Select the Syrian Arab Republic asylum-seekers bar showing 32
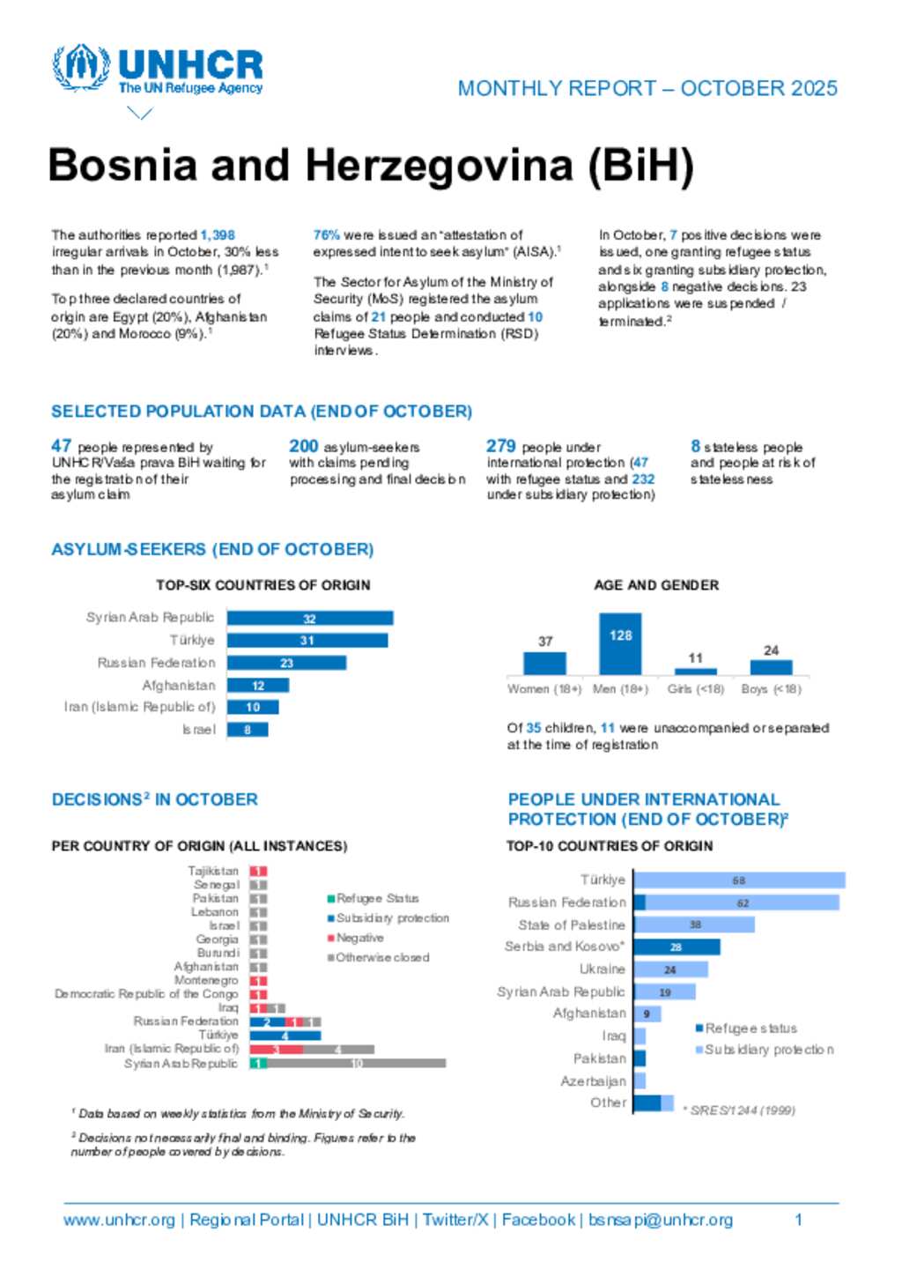[309, 619]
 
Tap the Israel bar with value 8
[248, 730]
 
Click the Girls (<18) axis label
[696, 689]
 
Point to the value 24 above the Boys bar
[771, 650]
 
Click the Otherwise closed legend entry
[378, 958]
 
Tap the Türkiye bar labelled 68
[739, 880]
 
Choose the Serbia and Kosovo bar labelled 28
[676, 947]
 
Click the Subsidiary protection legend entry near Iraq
[765, 1050]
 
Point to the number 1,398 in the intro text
[218, 235]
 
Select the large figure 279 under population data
[500, 446]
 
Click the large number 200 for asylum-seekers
[303, 446]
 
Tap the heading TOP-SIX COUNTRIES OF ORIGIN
[263, 585]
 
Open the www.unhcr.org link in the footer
[119, 1220]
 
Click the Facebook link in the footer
[537, 1220]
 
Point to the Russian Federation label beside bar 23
[156, 663]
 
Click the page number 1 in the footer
[798, 1220]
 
